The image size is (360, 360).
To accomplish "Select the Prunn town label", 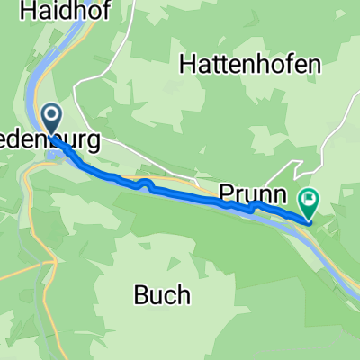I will (253, 193).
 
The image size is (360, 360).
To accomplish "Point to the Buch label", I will (161, 294).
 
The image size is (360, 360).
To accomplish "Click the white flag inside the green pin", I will (310, 198).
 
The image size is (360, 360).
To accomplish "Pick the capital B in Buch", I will (140, 294).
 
